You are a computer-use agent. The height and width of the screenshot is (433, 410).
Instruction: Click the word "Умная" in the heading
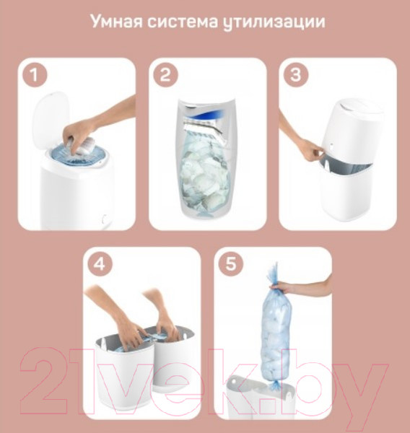pos(116,21)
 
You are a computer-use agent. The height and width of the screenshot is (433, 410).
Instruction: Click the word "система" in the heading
pos(183,22)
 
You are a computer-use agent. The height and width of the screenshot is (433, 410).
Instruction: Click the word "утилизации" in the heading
pos(274,22)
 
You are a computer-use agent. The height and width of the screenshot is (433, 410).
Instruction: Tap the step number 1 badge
pos(35,75)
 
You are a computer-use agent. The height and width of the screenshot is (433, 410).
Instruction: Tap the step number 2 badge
pos(165,75)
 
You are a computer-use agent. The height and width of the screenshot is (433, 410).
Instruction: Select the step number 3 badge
pos(296,75)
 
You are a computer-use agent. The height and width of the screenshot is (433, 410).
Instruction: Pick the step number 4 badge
pos(100,264)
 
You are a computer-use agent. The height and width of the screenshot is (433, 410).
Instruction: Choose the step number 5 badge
pos(231,264)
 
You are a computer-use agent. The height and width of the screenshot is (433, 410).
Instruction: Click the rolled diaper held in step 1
pos(84,146)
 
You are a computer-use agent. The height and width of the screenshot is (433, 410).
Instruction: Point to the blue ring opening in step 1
pos(79,155)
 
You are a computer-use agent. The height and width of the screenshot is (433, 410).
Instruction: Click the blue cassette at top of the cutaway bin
pos(210,113)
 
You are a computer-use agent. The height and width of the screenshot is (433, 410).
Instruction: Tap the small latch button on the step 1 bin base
pos(104,219)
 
